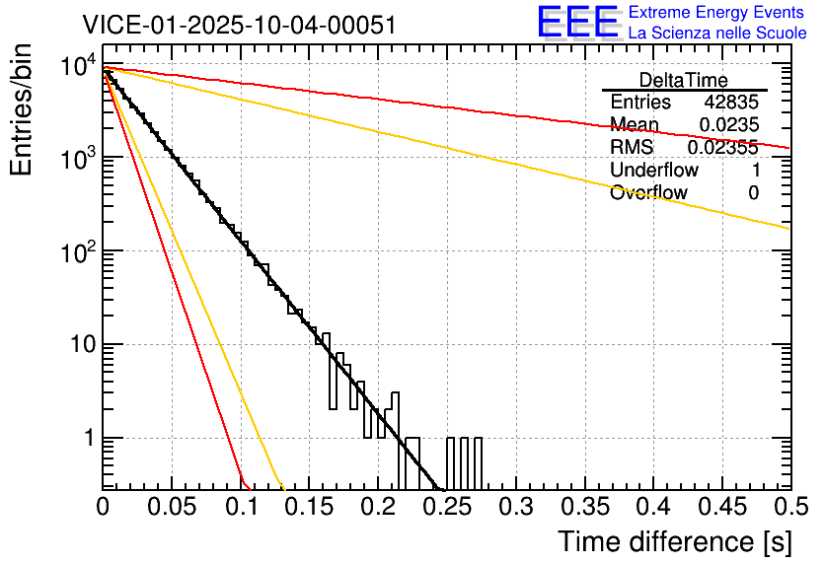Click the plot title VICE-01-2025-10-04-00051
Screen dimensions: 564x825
[240, 25]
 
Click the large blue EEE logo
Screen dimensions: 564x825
[577, 23]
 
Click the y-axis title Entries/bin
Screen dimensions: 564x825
[22, 110]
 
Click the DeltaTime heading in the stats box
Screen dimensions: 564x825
[684, 80]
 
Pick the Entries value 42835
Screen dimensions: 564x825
[731, 103]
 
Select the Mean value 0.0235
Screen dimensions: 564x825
[728, 124]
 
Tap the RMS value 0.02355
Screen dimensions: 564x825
[722, 147]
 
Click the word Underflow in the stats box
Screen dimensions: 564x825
[654, 170]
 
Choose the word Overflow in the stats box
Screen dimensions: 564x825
[648, 192]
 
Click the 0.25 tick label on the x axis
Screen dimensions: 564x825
[446, 507]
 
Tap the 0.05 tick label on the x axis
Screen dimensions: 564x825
[172, 507]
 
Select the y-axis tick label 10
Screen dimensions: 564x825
[81, 345]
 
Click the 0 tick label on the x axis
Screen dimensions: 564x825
[103, 507]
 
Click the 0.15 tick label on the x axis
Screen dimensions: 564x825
[309, 507]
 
